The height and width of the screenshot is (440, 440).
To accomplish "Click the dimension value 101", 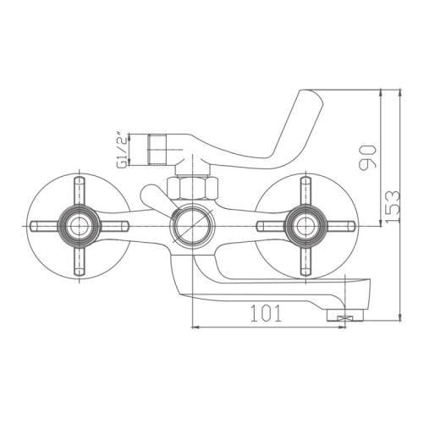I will pyautogui.click(x=267, y=314).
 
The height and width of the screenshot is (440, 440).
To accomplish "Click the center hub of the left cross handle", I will pyautogui.click(x=80, y=226).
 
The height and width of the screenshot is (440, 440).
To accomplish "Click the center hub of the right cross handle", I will pyautogui.click(x=302, y=225).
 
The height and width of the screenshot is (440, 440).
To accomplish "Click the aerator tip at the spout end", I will pyautogui.click(x=341, y=317).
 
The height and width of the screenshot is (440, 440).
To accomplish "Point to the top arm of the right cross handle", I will pyautogui.click(x=302, y=193).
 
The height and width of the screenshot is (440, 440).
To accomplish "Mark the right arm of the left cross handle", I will pyautogui.click(x=112, y=226).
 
